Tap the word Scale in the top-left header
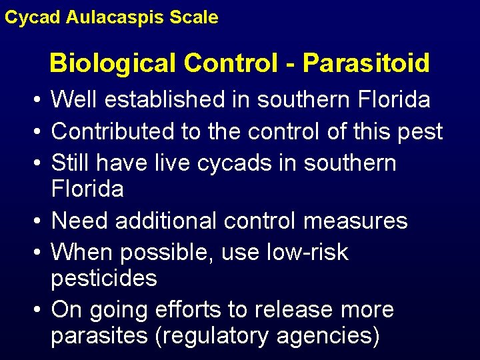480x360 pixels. point(193,17)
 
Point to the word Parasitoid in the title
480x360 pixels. point(366,63)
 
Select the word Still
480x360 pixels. point(71,163)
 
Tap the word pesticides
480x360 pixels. point(104,278)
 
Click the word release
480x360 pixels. point(284,310)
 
